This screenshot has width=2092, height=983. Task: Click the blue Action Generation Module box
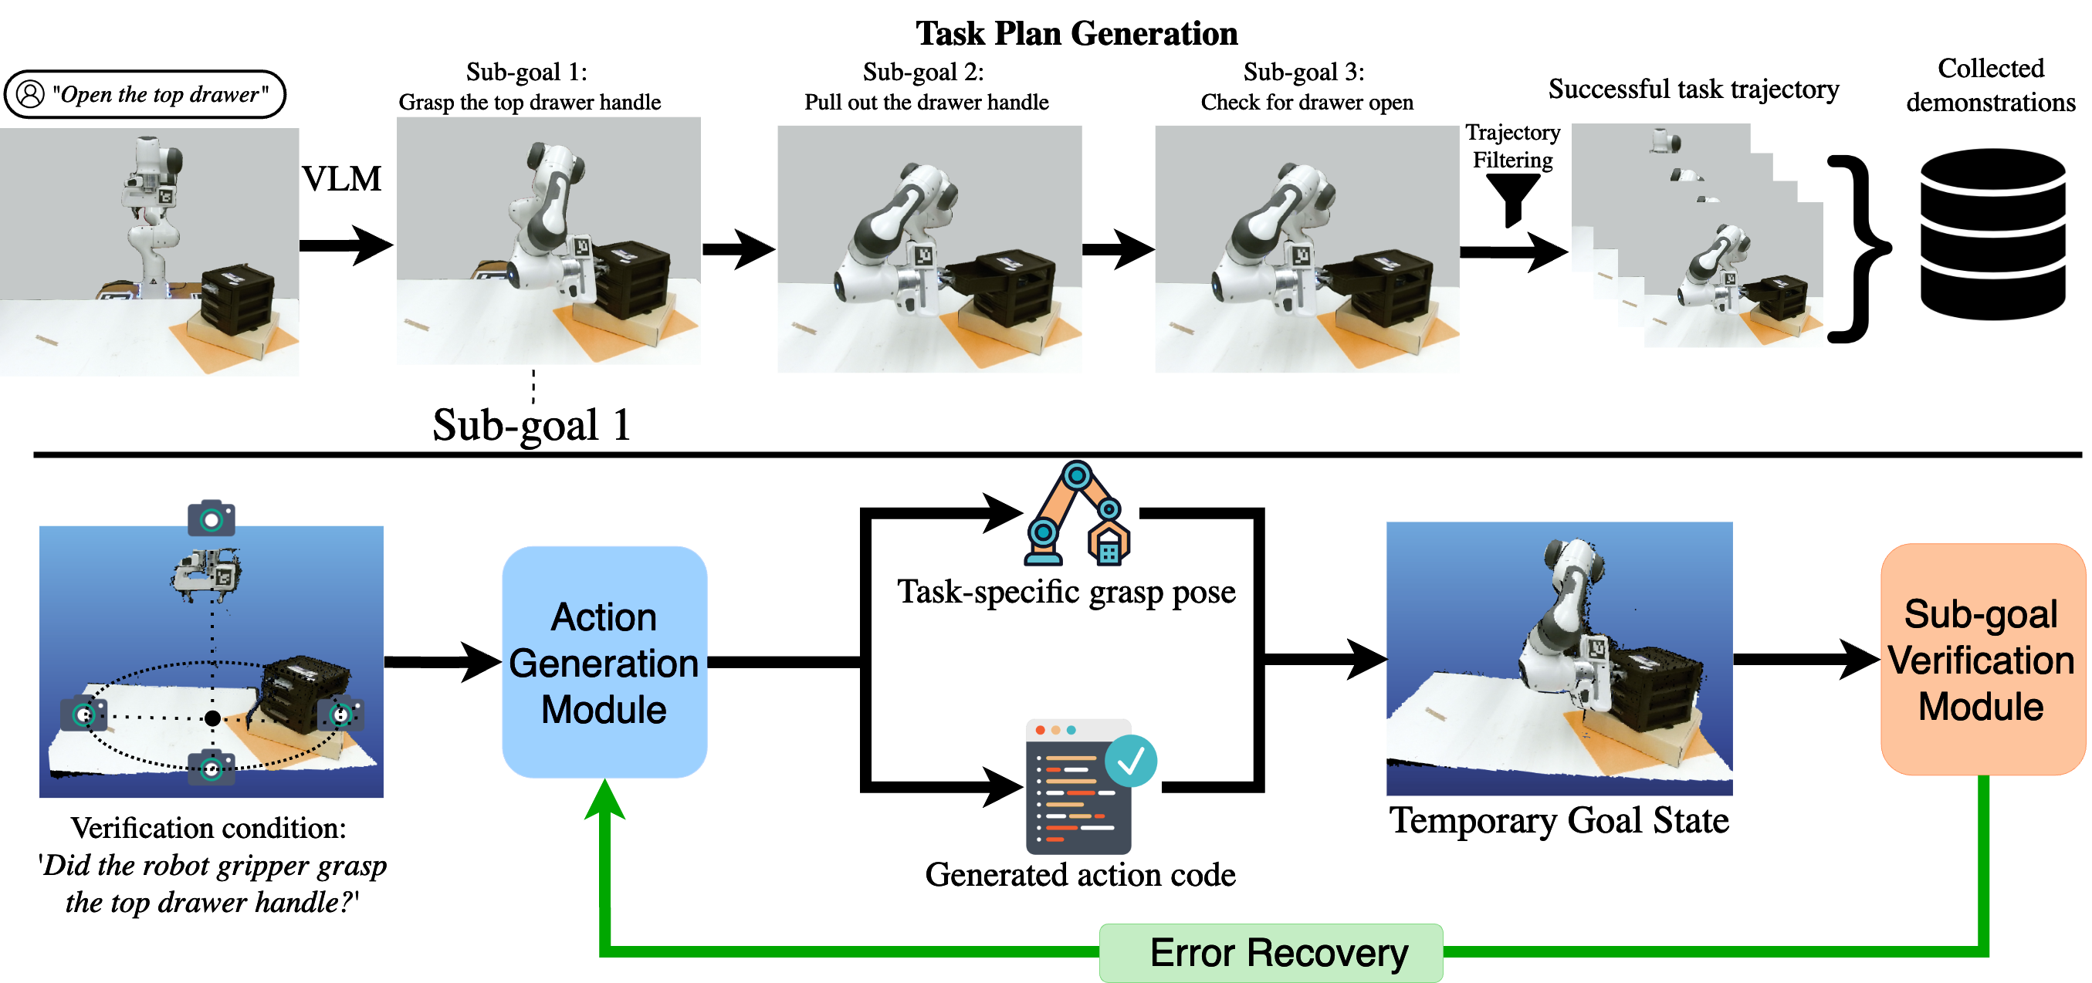604,661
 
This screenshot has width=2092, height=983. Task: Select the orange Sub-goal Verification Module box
1982,659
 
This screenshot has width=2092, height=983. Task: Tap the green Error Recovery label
1271,953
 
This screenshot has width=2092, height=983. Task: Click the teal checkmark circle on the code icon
1131,761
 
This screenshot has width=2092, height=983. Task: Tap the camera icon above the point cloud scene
212,518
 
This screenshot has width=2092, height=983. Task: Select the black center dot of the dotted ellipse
213,718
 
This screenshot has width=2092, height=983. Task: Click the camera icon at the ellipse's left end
83,714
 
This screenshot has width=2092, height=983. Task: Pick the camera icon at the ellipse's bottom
212,768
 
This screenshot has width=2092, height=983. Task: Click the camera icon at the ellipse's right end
341,714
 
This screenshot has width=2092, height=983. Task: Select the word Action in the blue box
604,618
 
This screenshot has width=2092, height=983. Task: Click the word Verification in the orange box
1981,660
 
